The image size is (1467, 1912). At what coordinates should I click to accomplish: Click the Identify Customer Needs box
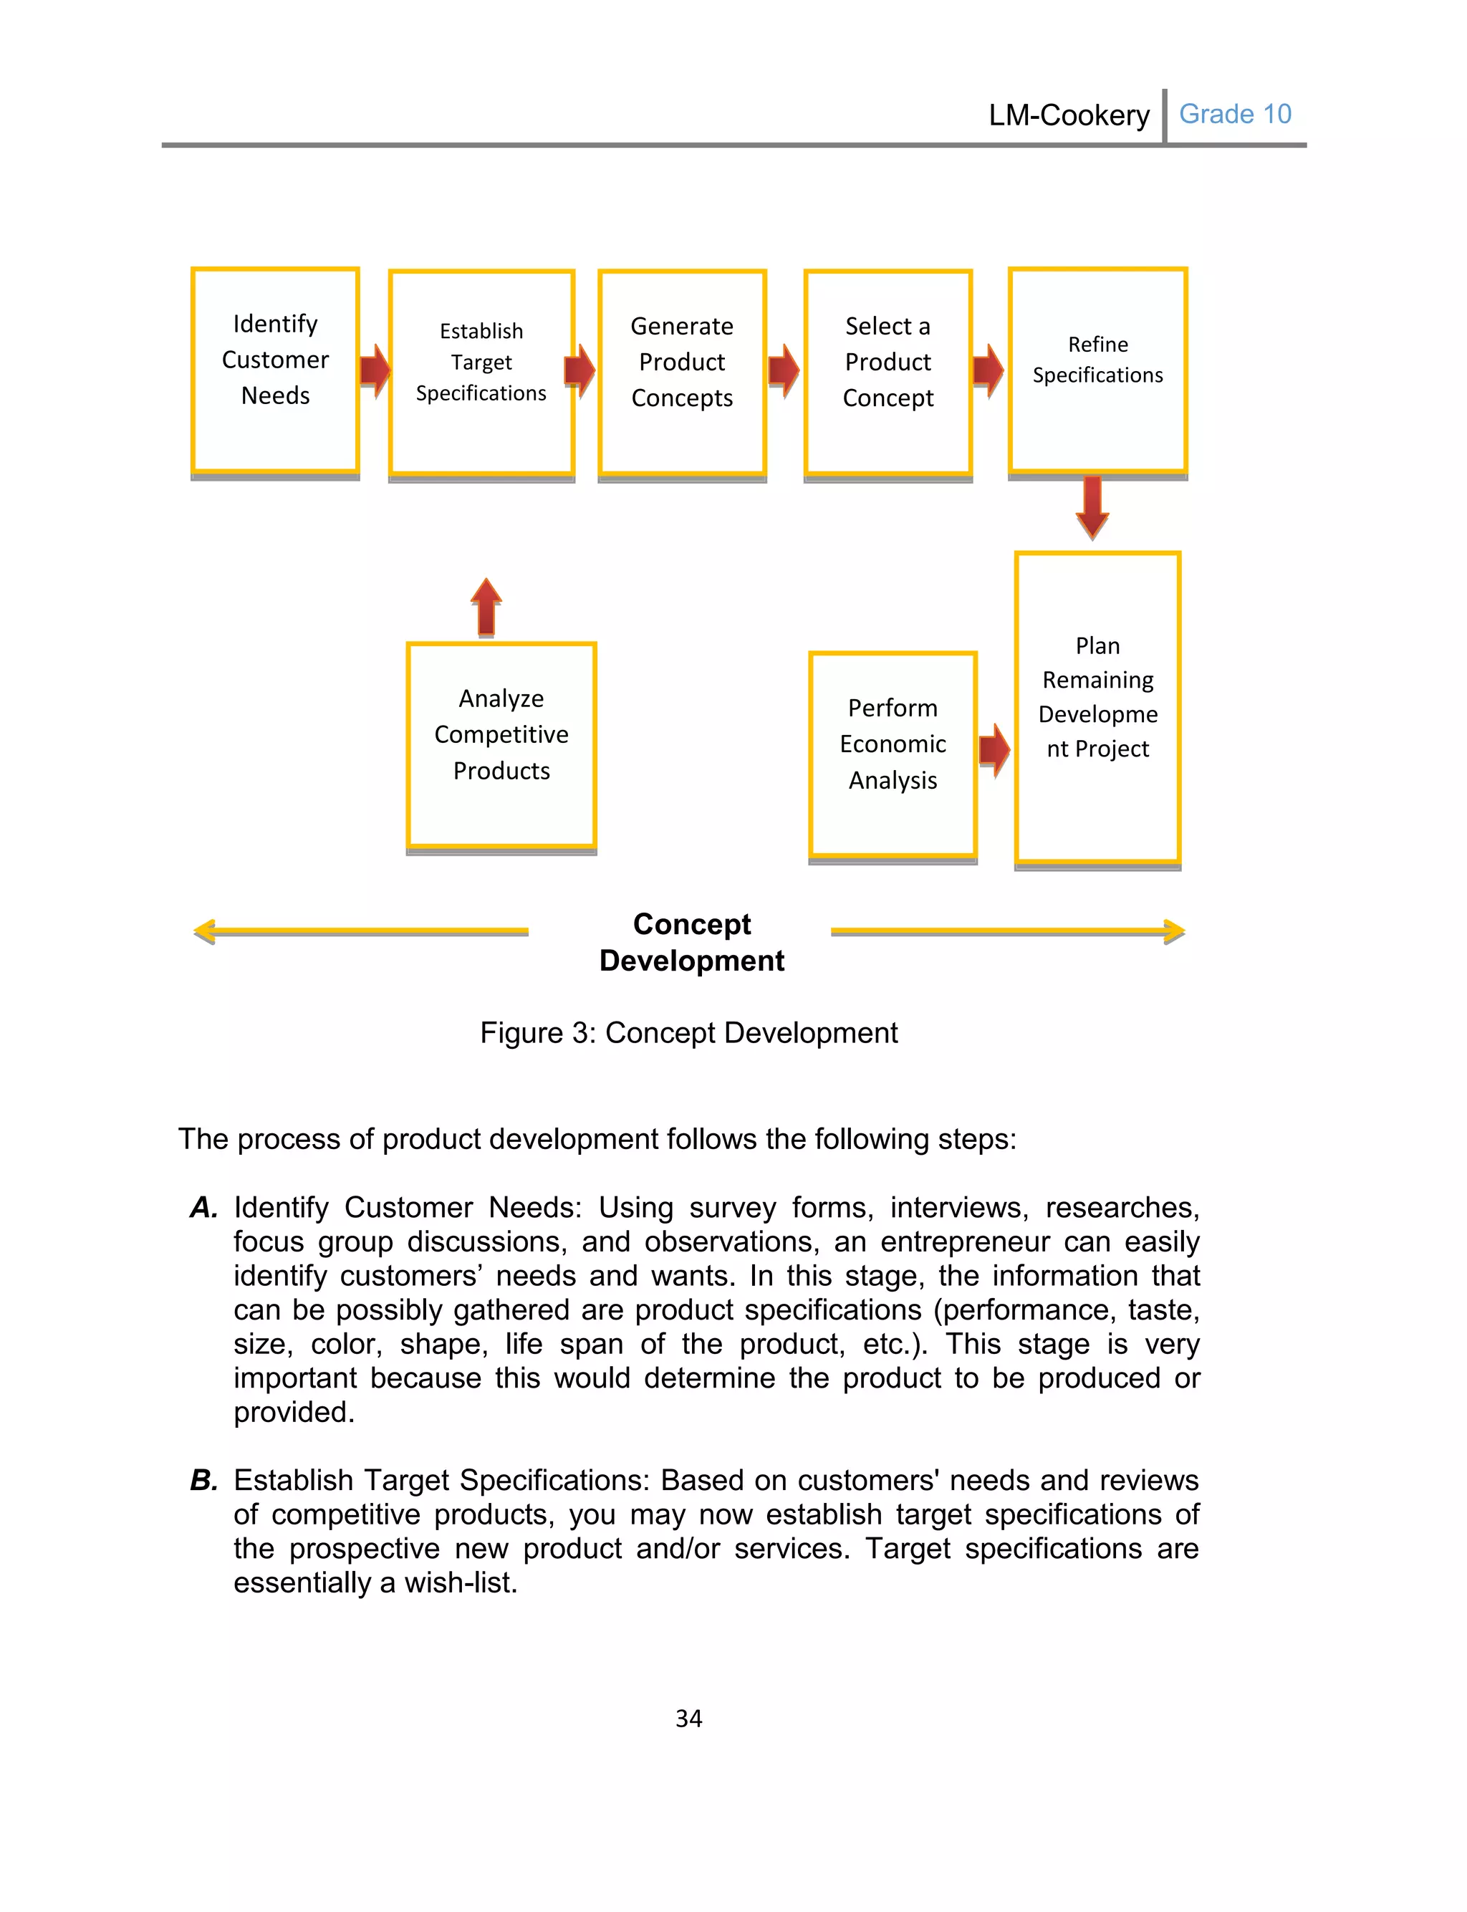tap(275, 370)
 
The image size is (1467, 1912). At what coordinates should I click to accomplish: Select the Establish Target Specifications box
tap(481, 373)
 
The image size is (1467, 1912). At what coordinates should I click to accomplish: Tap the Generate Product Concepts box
tap(682, 373)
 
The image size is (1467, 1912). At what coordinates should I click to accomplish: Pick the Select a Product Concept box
tap(888, 373)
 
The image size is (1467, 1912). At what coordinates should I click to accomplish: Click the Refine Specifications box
tap(1097, 370)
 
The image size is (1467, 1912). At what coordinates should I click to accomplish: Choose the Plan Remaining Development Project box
tap(1097, 707)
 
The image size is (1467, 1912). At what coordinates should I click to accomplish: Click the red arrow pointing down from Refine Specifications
tap(1092, 507)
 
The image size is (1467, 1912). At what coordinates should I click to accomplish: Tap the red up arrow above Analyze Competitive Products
tap(486, 606)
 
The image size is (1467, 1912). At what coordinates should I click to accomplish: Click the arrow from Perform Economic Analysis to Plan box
tap(994, 749)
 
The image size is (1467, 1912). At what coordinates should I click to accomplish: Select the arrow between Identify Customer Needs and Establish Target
tap(375, 370)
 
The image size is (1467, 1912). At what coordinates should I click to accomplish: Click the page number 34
tap(689, 1718)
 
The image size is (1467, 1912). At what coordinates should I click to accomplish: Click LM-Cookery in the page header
tap(1069, 115)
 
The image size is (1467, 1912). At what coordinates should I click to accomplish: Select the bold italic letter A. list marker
tap(203, 1207)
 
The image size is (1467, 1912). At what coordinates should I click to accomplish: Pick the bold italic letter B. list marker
tap(203, 1480)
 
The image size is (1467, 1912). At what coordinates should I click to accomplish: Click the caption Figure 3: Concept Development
tap(689, 1033)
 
